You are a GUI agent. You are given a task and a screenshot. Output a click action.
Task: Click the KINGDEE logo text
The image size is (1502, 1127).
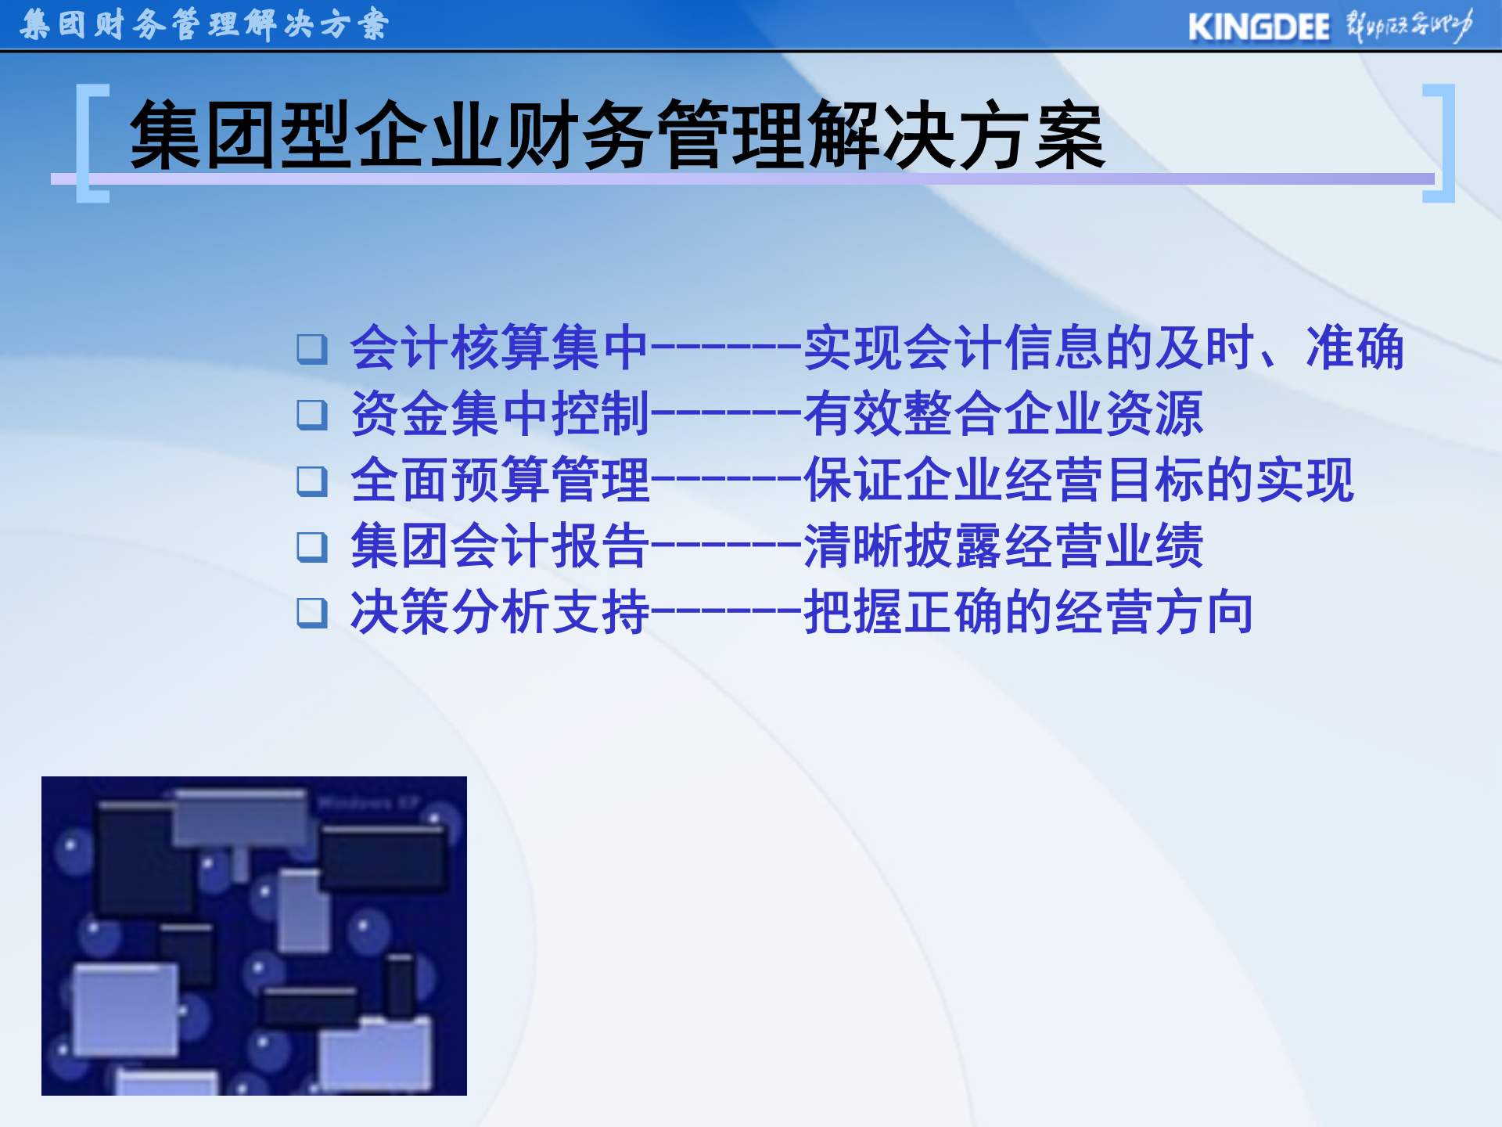click(1258, 27)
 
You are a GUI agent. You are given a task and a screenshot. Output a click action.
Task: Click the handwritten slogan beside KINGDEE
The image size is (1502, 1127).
click(1408, 26)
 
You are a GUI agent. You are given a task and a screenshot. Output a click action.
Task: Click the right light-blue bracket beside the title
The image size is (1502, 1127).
click(1441, 142)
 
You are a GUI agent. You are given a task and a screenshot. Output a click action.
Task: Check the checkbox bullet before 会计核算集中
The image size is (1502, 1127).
click(312, 349)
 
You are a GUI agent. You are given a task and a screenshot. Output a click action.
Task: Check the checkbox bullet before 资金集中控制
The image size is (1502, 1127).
click(312, 415)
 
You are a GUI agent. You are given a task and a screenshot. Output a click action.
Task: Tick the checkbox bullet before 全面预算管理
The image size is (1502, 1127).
click(312, 481)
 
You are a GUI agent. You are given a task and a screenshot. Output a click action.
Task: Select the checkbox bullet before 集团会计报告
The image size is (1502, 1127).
click(312, 547)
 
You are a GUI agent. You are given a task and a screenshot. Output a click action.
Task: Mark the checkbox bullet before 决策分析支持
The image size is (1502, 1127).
click(312, 613)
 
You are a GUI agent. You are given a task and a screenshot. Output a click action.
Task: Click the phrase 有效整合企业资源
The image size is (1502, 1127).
click(1003, 414)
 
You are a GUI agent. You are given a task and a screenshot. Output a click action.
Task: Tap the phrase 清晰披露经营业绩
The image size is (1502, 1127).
click(1003, 545)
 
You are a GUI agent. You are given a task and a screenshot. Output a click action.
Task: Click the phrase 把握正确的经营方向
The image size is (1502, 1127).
click(1029, 612)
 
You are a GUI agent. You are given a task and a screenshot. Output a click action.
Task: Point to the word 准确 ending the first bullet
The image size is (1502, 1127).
click(1355, 347)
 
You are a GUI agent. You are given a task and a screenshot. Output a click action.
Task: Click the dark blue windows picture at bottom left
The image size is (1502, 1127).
click(254, 935)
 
